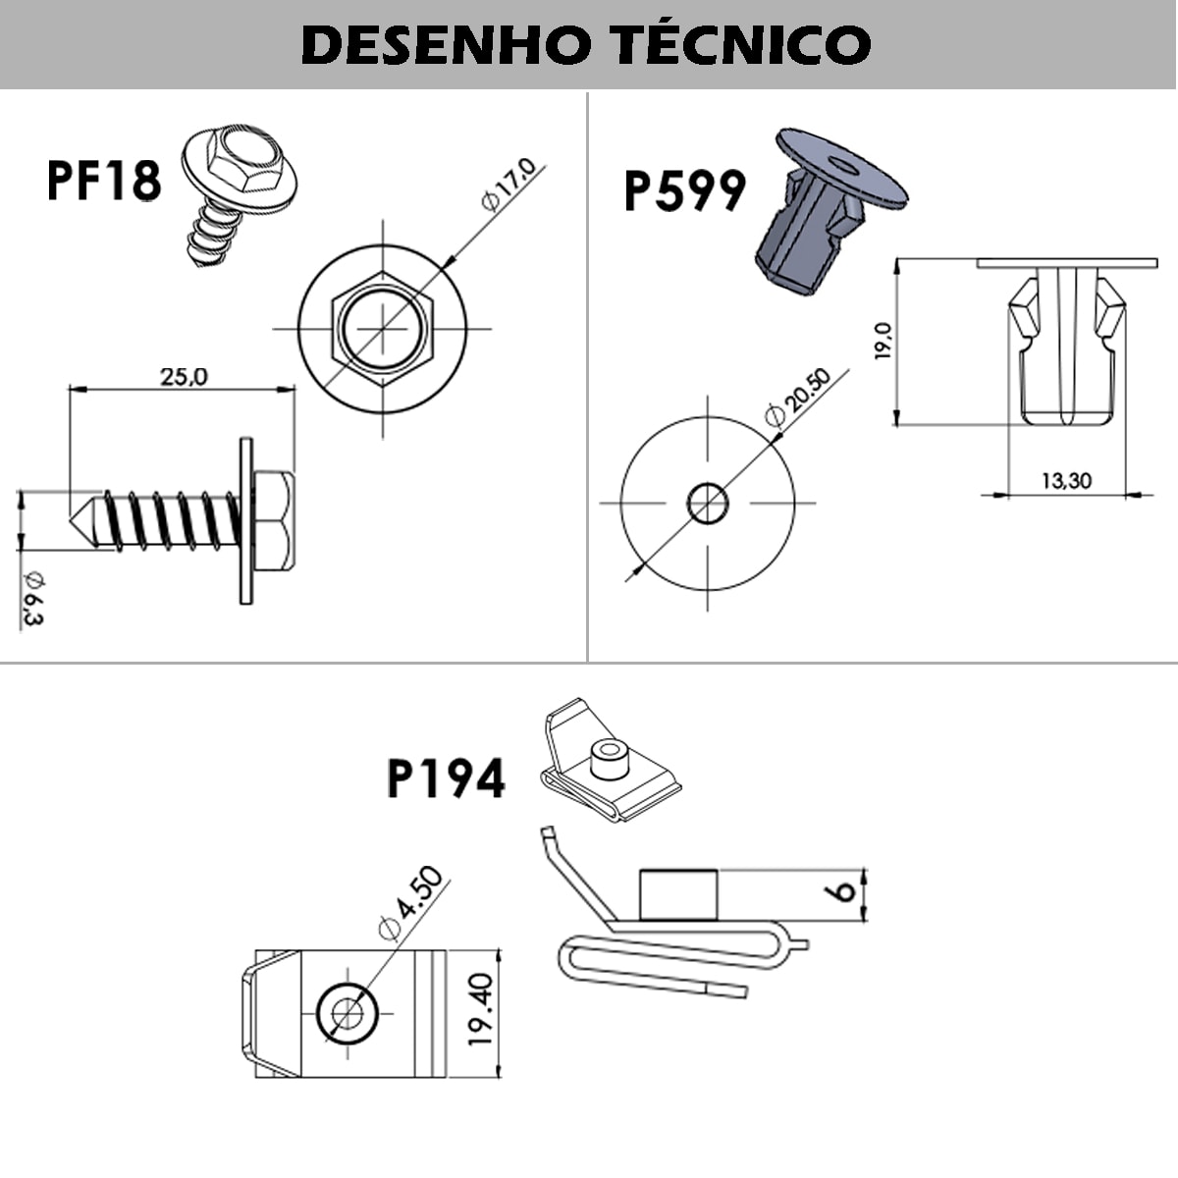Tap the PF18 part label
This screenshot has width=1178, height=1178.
(104, 181)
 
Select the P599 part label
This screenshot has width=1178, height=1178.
(684, 191)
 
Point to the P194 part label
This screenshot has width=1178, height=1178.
(446, 779)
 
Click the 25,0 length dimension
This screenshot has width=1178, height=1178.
(184, 376)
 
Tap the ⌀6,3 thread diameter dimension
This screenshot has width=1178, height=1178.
(32, 596)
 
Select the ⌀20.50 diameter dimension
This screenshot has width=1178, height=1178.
(797, 397)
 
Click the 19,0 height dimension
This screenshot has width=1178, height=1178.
(883, 341)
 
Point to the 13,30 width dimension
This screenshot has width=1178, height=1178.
(1066, 480)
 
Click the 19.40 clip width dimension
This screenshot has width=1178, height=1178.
(479, 1010)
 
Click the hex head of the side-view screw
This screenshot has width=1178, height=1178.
(274, 521)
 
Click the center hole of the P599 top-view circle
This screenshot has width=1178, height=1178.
(708, 503)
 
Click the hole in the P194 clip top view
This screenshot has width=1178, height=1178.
(348, 1011)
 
